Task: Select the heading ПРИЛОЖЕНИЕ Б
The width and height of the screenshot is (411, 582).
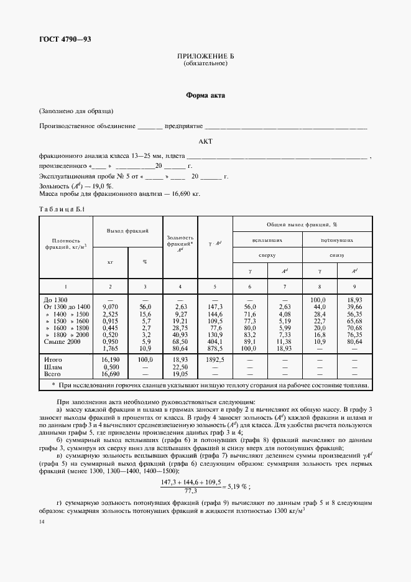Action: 205,57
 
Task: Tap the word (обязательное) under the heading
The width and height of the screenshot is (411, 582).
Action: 205,63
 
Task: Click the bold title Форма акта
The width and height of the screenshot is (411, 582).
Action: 205,96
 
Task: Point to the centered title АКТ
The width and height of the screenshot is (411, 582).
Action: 205,142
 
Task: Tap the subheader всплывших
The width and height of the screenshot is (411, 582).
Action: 267,239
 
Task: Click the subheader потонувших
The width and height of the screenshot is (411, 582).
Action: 337,239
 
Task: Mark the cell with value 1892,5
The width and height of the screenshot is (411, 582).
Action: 215,359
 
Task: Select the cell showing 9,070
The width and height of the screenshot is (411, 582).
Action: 110,307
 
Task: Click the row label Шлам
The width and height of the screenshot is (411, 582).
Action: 53,366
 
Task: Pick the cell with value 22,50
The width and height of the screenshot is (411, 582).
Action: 180,366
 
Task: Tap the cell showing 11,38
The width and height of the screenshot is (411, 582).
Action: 285,341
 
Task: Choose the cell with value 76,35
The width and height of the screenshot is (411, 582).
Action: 354,335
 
